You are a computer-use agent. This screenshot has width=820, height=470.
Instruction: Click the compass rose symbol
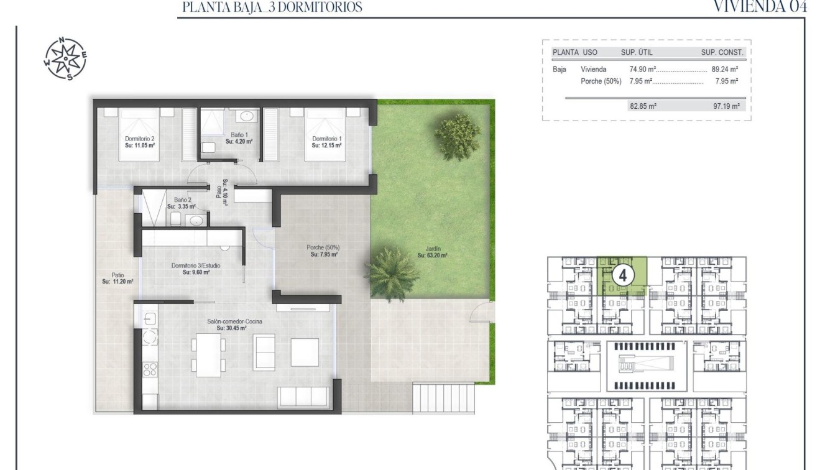pos(65,59)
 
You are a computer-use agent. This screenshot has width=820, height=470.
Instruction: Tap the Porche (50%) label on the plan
pos(323,251)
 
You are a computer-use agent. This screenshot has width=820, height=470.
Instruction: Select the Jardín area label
pos(432,251)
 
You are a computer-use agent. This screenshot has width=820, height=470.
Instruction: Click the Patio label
pos(117,278)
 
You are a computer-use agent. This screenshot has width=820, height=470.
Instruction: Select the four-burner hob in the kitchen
pos(150,369)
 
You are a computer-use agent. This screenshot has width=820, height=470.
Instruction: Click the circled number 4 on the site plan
pos(623,274)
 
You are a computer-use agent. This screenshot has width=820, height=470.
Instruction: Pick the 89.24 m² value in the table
pos(724,70)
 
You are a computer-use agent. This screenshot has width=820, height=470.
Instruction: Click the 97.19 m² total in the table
pos(726,106)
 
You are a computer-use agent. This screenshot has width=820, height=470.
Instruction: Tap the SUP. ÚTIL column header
pos(637,53)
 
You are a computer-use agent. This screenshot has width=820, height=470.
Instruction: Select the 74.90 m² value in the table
pos(643,70)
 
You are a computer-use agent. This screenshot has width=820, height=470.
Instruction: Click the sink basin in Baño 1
pos(246,116)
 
